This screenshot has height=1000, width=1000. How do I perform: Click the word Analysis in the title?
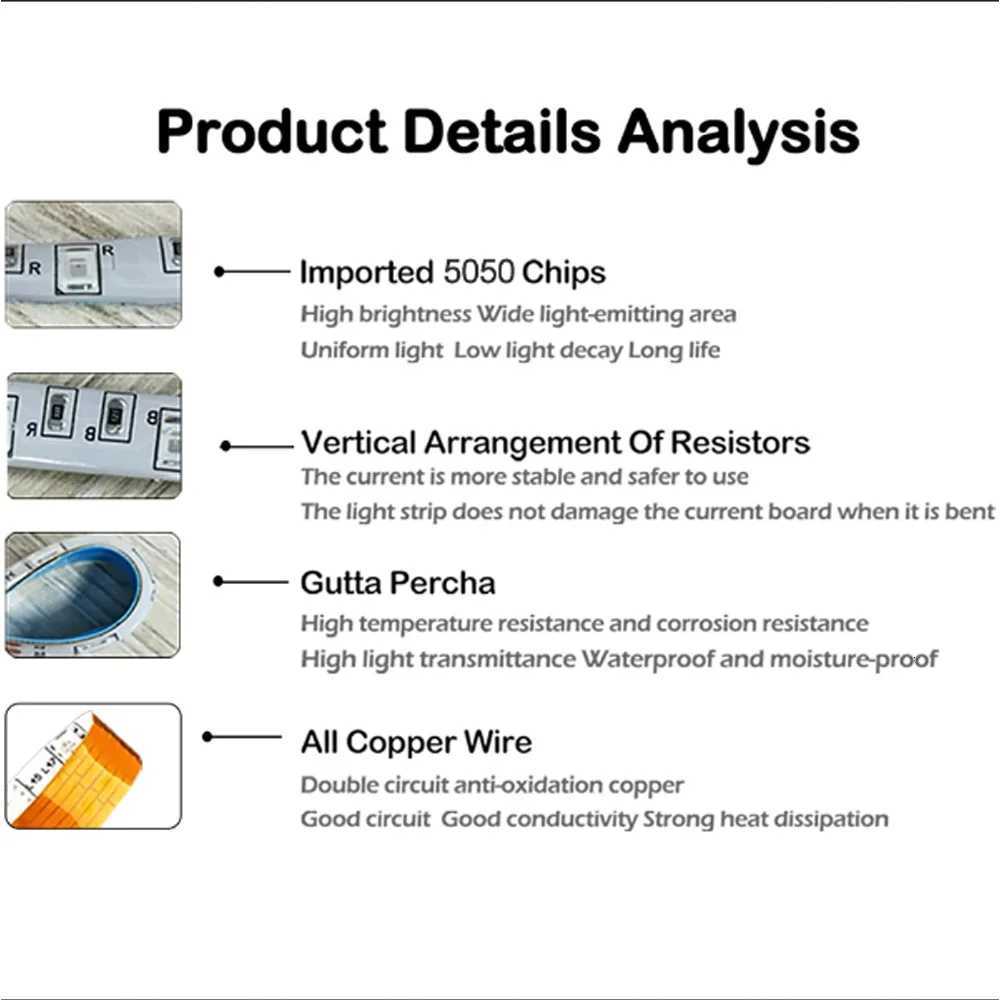(x=739, y=133)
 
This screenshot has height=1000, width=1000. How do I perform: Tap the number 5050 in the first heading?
(x=478, y=272)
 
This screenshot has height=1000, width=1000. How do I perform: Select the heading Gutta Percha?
(x=398, y=583)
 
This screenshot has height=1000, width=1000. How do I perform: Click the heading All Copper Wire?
(x=416, y=742)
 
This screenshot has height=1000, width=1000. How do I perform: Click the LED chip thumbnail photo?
(x=93, y=264)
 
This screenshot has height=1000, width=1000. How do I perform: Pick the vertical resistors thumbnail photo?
(x=94, y=436)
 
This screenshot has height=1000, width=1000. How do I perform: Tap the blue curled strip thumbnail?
(x=92, y=595)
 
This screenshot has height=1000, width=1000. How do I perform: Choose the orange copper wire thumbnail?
(x=93, y=766)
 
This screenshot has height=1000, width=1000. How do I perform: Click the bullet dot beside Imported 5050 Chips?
(x=219, y=272)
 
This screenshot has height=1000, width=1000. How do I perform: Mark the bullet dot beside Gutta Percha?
(x=218, y=581)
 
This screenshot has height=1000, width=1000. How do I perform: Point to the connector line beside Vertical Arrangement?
(x=261, y=446)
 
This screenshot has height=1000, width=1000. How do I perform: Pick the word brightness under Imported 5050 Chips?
(x=415, y=314)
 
